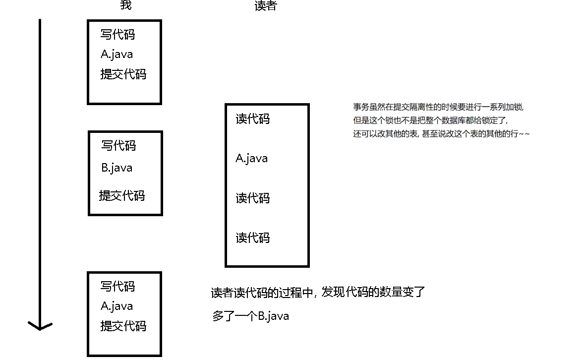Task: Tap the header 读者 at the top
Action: point(265,5)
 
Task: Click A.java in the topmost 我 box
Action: point(117,55)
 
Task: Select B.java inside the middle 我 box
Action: point(117,168)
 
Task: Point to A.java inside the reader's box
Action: point(251,159)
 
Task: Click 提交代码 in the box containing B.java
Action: point(122,195)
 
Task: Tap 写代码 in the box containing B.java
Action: point(118,146)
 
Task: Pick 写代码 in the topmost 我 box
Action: point(117,35)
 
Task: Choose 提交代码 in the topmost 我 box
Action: point(123,74)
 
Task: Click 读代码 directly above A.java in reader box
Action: point(253,119)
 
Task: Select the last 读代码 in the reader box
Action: point(253,238)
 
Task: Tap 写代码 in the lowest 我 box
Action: point(117,287)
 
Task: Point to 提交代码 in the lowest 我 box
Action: point(123,326)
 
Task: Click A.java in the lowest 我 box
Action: point(117,306)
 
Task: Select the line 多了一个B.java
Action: point(250,316)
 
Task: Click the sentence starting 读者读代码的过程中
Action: point(318,293)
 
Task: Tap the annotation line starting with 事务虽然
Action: point(439,107)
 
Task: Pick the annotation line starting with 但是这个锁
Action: point(431,120)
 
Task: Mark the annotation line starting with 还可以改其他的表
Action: point(441,134)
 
